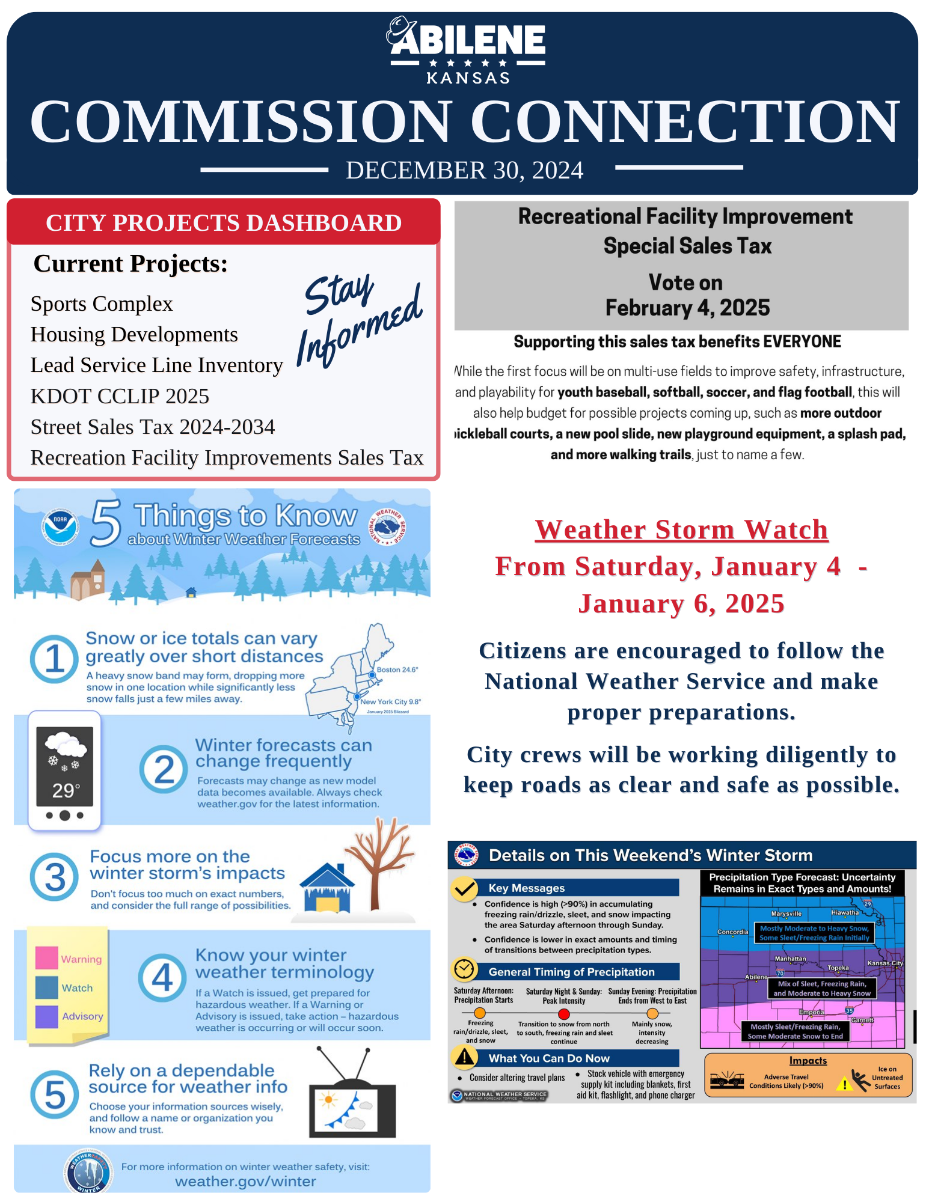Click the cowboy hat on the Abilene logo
pos(400,30)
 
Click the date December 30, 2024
pos(464,171)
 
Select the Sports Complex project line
pos(102,304)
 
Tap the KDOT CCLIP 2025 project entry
pos(120,397)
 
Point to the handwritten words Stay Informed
pos(360,319)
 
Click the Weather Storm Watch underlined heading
pos(681,530)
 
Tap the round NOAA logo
pos(60,527)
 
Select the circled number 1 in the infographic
pos(54,659)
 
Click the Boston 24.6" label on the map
pos(397,670)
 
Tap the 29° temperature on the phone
pos(65,790)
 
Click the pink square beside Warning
pos(46,958)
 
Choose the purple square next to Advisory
pos(46,1016)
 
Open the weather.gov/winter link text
pos(245,1182)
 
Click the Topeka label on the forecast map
pos(838,968)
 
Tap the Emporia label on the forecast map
pos(811,1013)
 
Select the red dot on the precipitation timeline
pos(563,1014)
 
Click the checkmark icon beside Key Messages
pos(464,888)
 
